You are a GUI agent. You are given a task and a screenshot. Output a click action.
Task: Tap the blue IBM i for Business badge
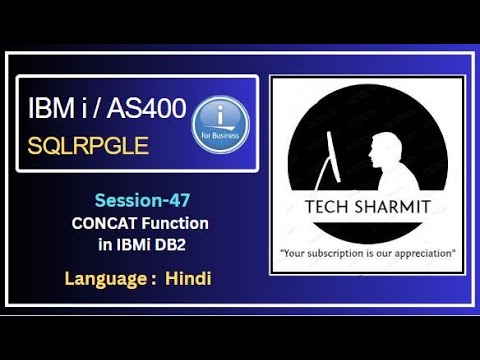click(x=219, y=126)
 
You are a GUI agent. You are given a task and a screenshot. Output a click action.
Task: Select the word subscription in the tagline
click(x=335, y=254)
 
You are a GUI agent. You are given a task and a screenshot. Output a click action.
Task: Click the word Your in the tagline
click(x=296, y=254)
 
